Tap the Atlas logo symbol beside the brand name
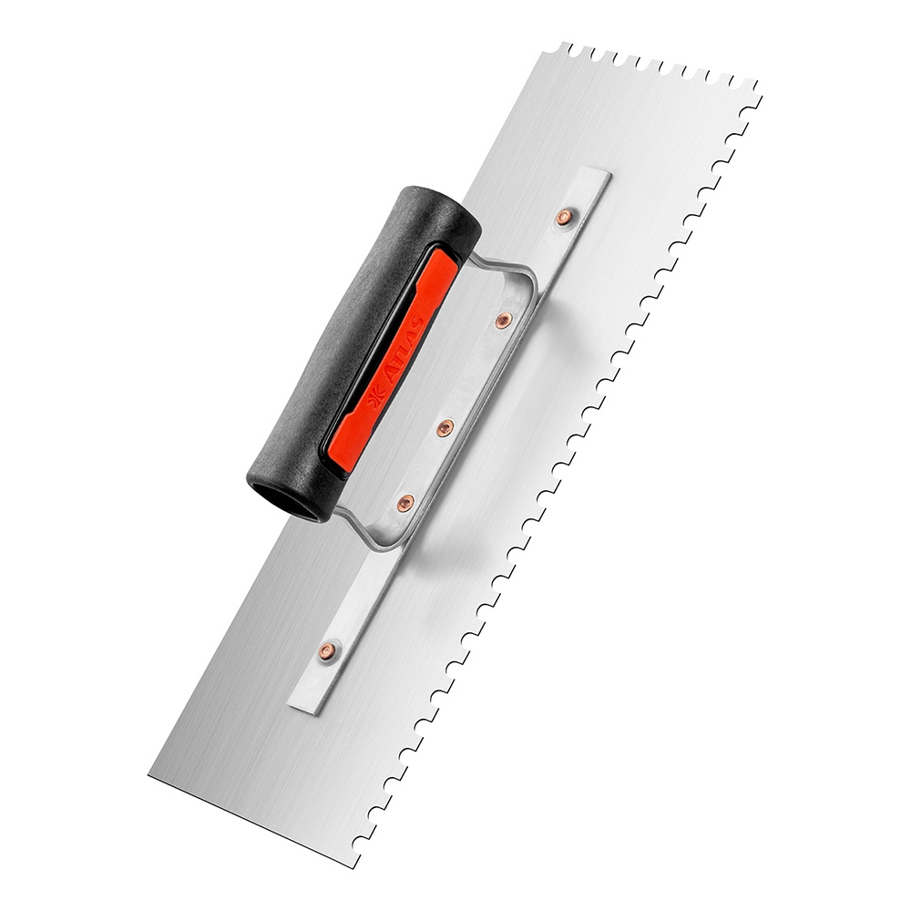374,401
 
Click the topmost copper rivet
563,218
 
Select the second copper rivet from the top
504,318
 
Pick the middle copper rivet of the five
445,427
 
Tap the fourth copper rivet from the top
405,503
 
